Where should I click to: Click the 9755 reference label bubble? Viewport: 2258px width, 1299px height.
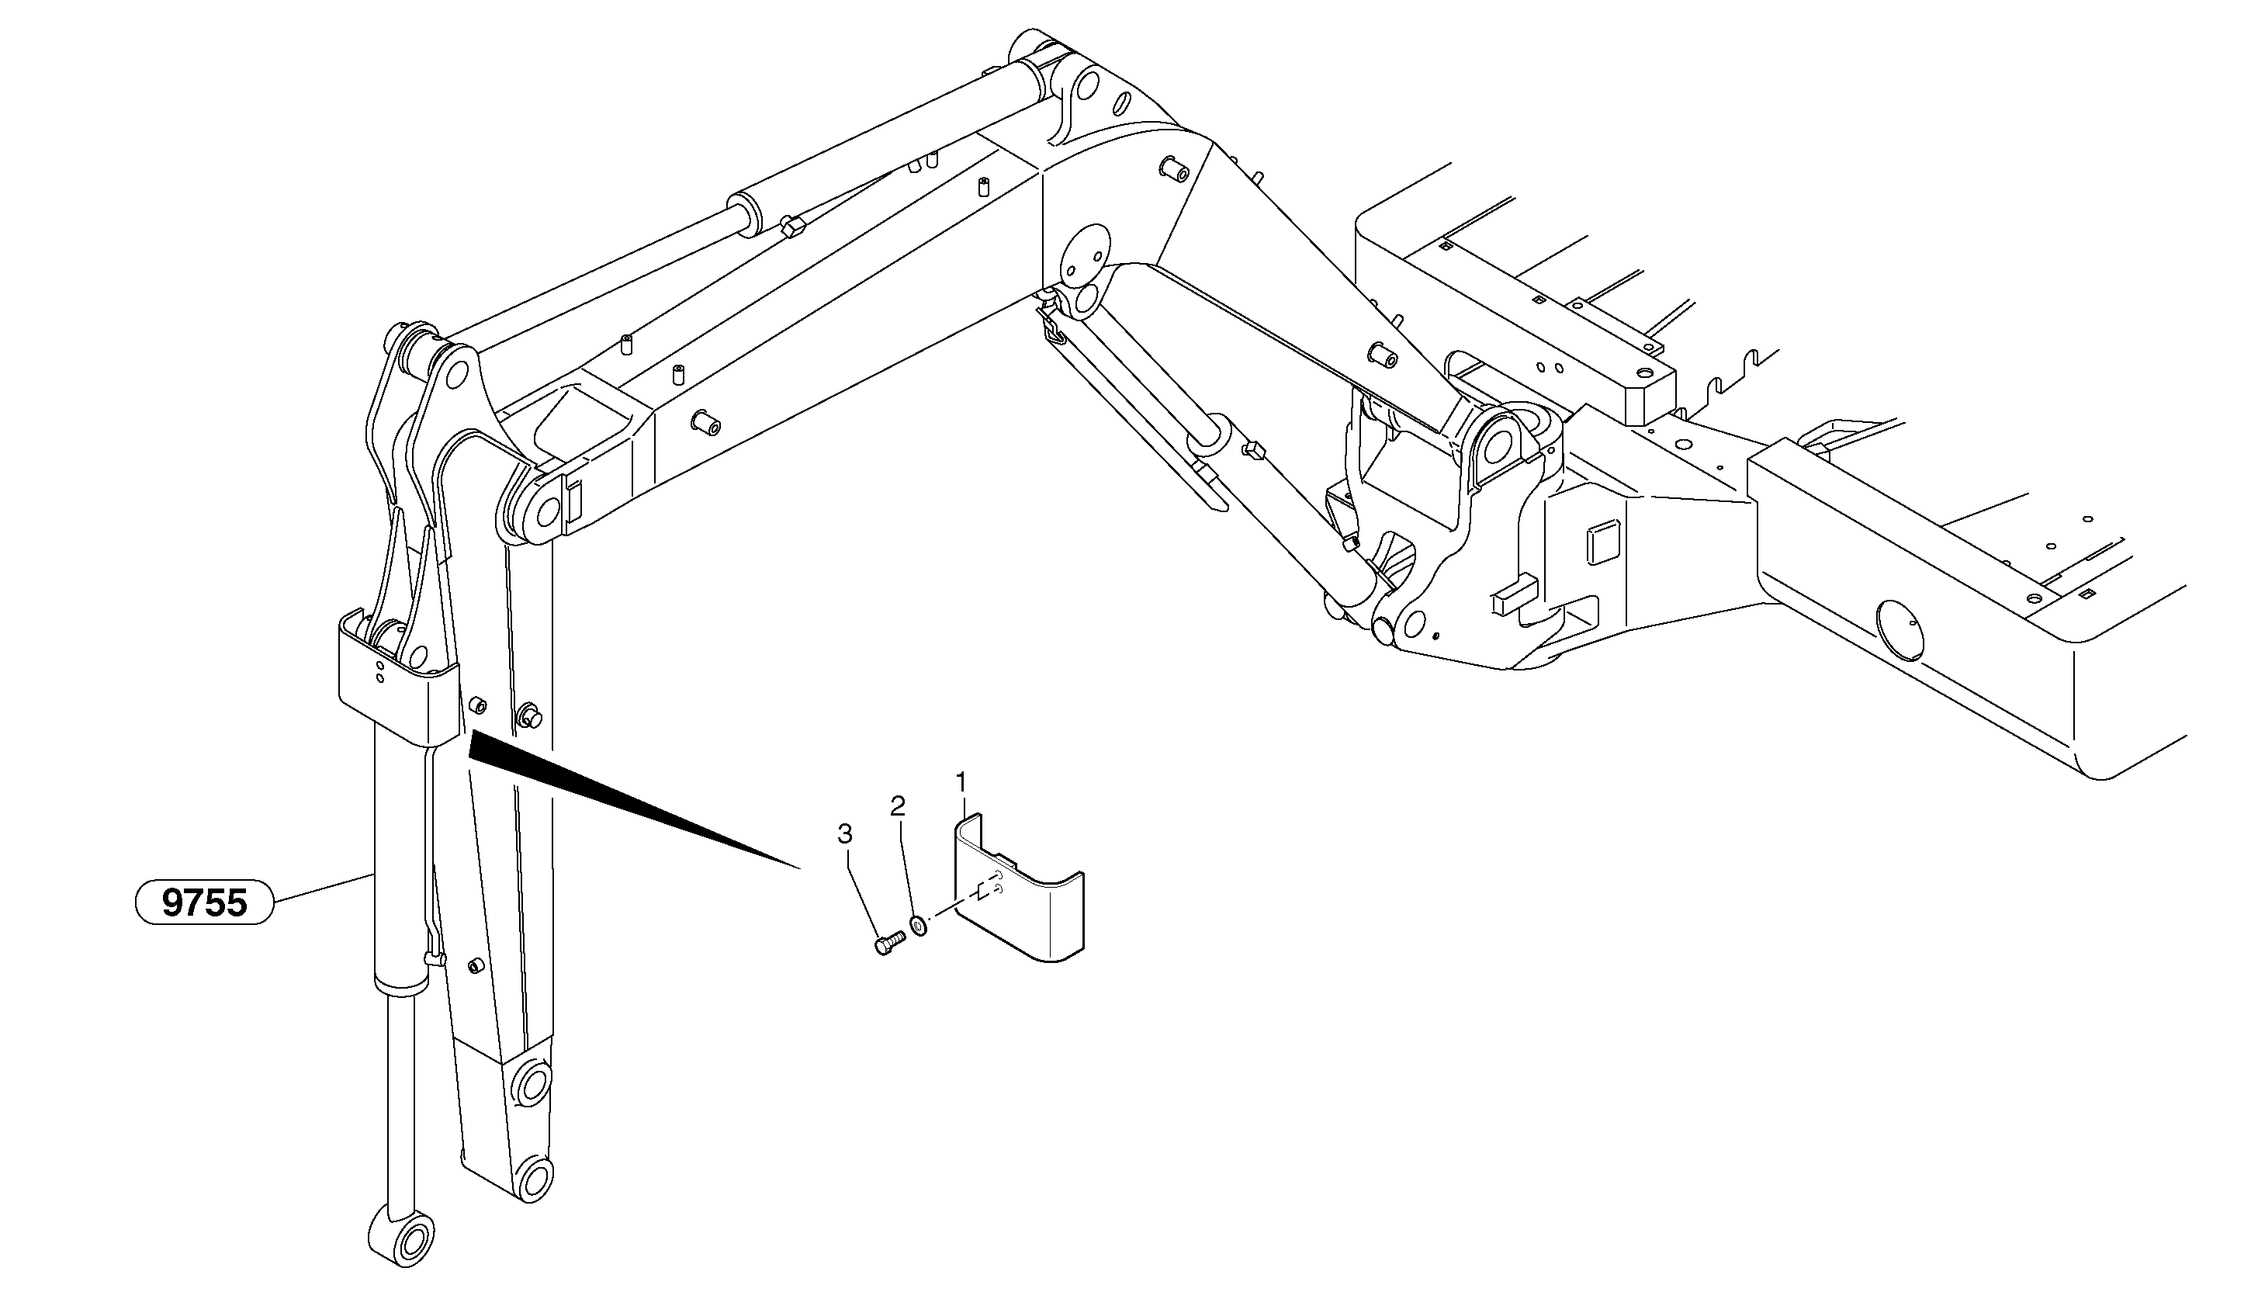pos(204,903)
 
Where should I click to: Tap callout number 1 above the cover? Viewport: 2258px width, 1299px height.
pos(961,782)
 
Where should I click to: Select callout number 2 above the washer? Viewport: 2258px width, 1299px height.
pos(898,806)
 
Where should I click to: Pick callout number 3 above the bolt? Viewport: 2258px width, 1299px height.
pos(844,835)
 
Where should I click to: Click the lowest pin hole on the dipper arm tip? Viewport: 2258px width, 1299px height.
pos(535,1179)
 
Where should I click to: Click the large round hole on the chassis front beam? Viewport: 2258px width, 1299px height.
pos(1900,630)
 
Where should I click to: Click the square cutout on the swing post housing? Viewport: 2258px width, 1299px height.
pos(1602,543)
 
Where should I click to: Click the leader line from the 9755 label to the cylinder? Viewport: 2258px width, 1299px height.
pos(322,889)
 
